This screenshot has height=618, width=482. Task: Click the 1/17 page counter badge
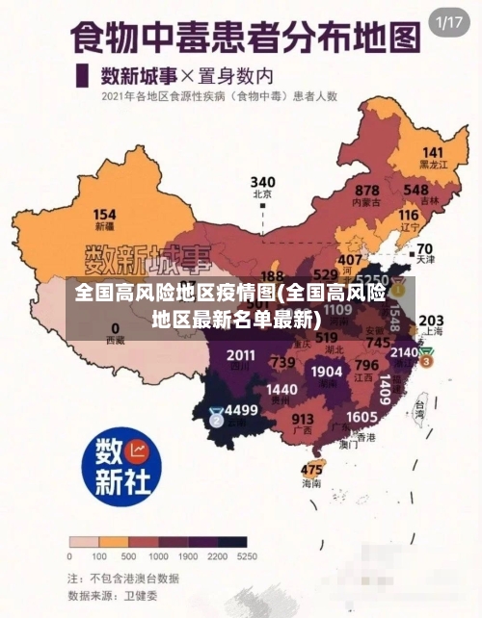coord(450,22)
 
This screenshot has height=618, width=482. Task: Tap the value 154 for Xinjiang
coord(104,215)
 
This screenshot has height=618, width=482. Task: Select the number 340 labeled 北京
coord(262,182)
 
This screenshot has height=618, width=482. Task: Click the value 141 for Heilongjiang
coord(433,152)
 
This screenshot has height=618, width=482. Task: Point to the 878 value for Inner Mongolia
coord(366,191)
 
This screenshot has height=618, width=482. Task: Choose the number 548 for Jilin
coord(416,191)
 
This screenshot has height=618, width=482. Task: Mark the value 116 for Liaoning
coord(409,216)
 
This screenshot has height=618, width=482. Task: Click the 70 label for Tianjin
coord(424,247)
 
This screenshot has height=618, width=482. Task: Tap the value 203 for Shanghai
coord(431,320)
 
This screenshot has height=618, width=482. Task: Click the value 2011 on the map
coord(241,355)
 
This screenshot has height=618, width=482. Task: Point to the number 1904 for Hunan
coord(327,371)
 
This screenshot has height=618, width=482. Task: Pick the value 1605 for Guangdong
coord(361,416)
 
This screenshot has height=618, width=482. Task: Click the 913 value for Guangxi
coord(303,419)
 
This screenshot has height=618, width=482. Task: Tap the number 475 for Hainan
coord(311,470)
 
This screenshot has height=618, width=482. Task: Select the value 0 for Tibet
coord(115,327)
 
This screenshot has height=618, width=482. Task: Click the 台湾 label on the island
coord(419,407)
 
